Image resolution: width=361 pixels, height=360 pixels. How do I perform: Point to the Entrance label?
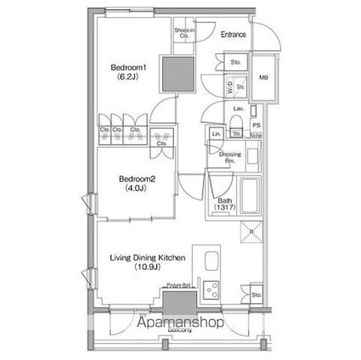click(x=234, y=35)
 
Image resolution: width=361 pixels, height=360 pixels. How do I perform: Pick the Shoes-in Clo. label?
click(x=183, y=34)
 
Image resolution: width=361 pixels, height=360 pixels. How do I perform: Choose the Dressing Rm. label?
click(x=230, y=156)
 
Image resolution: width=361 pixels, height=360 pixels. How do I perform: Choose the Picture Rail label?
click(x=178, y=286)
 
